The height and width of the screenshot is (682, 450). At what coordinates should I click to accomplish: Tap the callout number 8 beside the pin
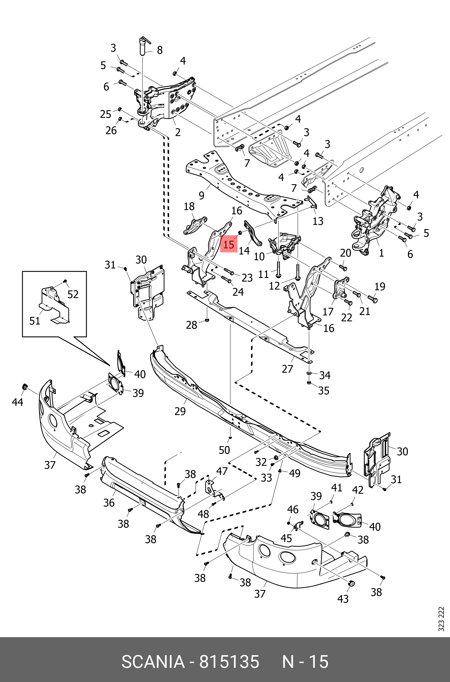(160, 50)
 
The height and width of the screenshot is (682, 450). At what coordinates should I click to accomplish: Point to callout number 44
(18, 402)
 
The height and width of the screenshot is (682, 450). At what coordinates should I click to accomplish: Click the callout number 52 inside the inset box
(73, 294)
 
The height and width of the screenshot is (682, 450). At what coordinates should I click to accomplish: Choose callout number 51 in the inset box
(35, 321)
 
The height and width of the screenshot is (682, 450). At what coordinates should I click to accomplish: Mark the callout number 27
(287, 369)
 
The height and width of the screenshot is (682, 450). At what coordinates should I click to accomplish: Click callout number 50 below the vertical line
(224, 450)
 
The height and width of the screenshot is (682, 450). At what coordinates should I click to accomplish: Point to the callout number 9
(202, 196)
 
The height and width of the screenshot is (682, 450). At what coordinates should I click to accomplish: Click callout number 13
(318, 221)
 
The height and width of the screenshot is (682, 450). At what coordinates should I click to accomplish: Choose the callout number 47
(222, 471)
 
